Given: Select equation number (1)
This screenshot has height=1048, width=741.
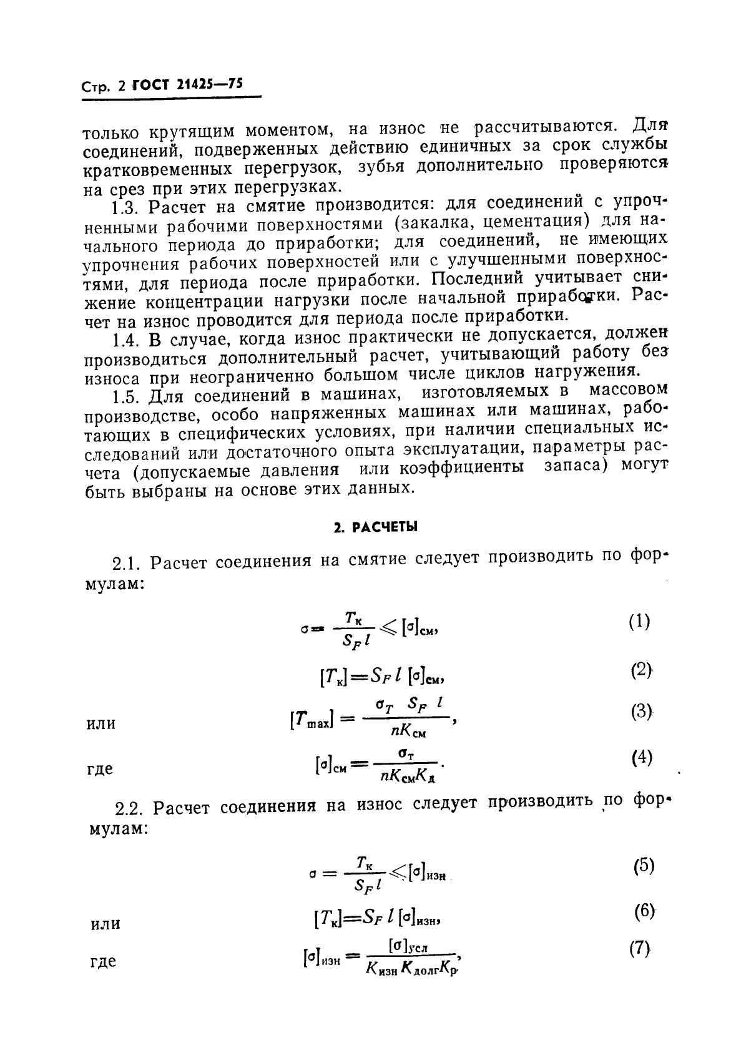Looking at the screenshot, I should (x=639, y=621).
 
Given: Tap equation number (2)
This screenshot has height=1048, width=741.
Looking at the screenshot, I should (x=640, y=670).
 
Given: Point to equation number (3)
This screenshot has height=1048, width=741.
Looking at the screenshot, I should (x=641, y=712).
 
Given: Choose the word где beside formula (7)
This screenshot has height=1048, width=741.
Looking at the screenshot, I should (x=102, y=961).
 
